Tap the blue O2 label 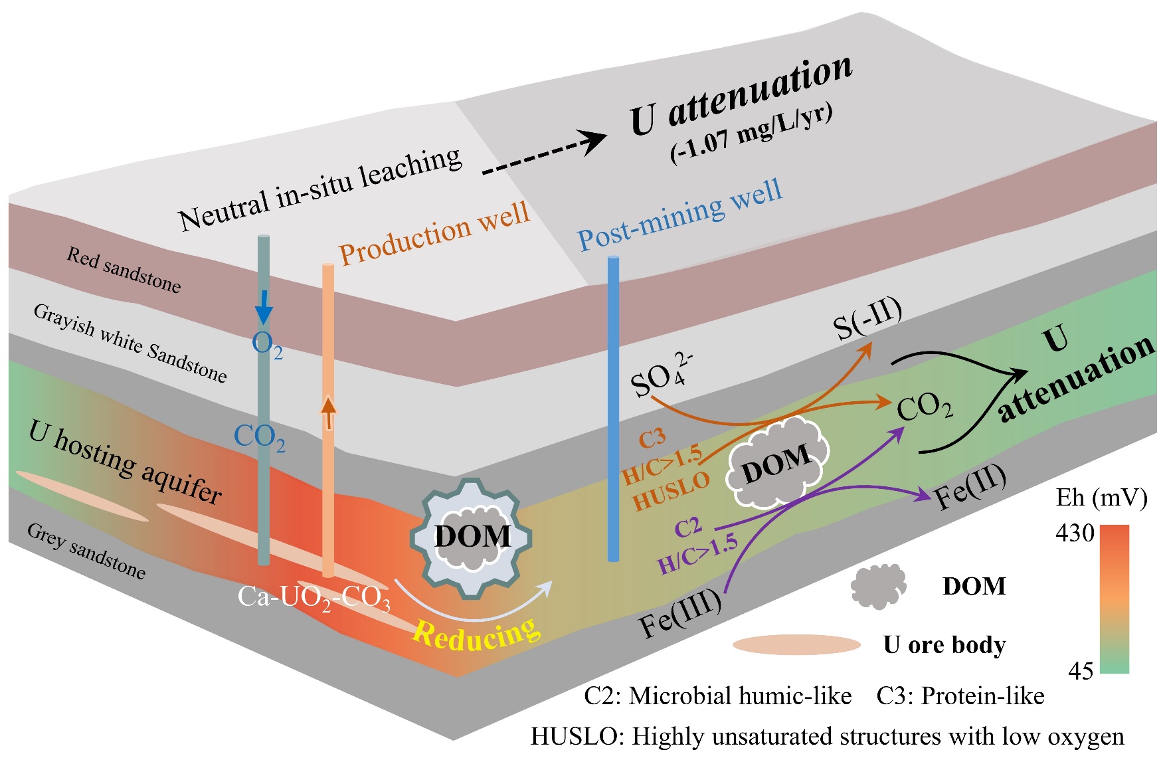click(x=267, y=345)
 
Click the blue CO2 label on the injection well click(x=260, y=438)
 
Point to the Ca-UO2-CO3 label click(x=314, y=597)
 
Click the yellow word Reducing click(x=476, y=634)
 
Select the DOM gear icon click(x=472, y=537)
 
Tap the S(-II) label click(x=867, y=320)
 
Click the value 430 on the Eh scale click(x=1075, y=533)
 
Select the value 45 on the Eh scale click(x=1081, y=671)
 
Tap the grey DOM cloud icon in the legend click(x=878, y=586)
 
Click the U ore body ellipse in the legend click(x=796, y=644)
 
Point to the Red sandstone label click(x=124, y=270)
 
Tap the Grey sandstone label click(x=86, y=551)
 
